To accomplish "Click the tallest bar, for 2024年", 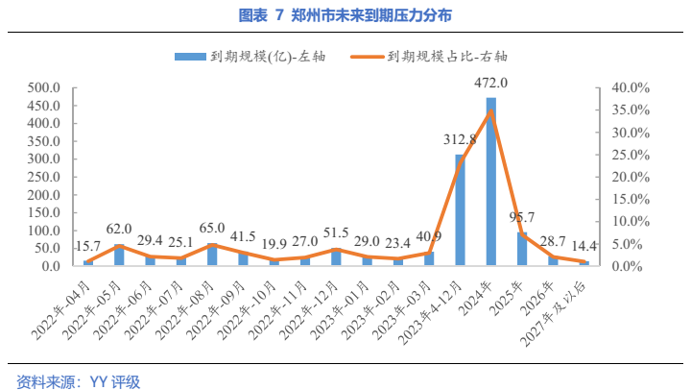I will [x=491, y=183].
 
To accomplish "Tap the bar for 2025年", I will [x=522, y=249].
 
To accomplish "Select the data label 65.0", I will [x=211, y=230].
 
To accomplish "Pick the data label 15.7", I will [x=87, y=247].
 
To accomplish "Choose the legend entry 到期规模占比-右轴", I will [x=438, y=57].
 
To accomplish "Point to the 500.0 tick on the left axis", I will [x=45, y=87].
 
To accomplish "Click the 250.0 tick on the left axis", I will [x=45, y=177].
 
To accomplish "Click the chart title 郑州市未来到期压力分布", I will [x=345, y=14].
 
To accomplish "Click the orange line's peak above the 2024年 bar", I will [x=491, y=111].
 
